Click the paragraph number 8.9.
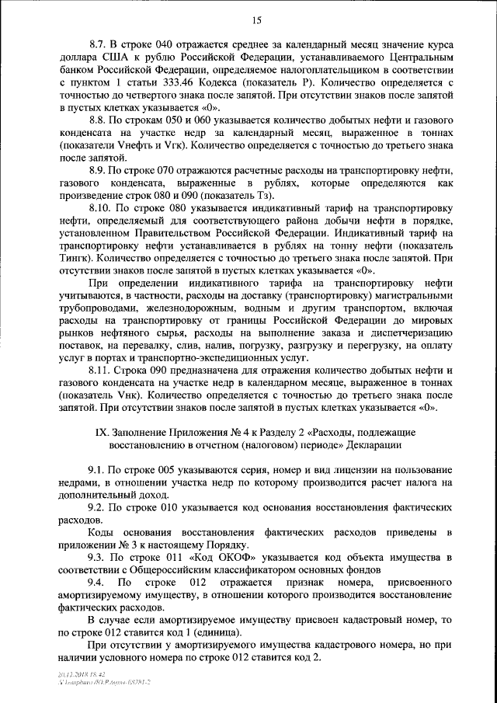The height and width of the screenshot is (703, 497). click(99, 168)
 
